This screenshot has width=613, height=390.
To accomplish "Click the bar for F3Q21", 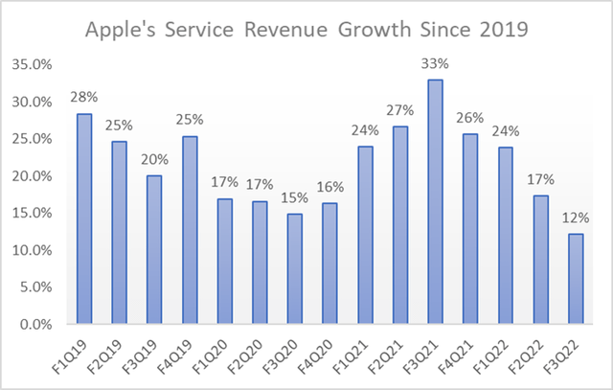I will tap(435, 202).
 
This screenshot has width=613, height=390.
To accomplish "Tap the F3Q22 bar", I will tap(576, 279).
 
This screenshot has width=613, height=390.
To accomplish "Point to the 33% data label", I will tap(435, 66).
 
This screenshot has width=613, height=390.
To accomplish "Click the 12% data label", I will tap(576, 220).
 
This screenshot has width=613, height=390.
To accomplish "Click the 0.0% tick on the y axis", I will tap(37, 325).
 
